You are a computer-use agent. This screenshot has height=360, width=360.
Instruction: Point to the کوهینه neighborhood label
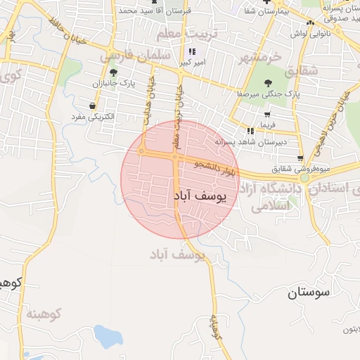pos(44,313)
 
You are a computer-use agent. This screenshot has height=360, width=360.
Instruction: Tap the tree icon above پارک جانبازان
pos(113,72)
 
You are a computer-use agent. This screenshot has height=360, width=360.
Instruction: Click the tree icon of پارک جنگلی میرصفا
pos(268,82)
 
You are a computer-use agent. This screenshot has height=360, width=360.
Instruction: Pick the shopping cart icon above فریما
pos(268,114)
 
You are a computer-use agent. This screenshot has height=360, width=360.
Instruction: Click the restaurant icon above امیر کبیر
pos(192,51)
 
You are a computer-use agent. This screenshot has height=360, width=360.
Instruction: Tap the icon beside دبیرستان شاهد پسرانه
pos(250,131)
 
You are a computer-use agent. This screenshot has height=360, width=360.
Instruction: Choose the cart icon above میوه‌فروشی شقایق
pos(301,157)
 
